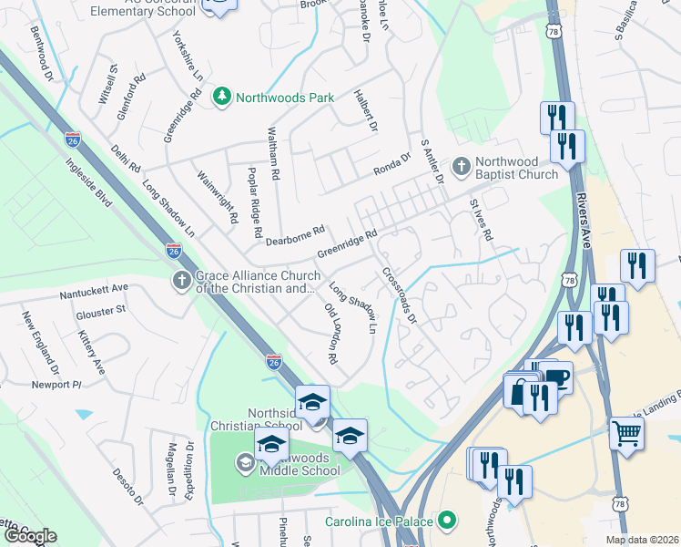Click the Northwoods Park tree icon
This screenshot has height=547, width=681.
point(221,97)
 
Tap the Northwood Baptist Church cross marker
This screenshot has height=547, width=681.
point(462,167)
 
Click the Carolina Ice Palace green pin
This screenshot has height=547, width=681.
point(446,522)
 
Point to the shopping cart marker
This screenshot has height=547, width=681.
point(625,433)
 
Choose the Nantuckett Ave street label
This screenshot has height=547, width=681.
point(95,294)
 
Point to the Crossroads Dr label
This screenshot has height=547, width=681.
point(400,295)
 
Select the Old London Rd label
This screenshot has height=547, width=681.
point(331,333)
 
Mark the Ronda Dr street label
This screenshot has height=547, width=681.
point(393,168)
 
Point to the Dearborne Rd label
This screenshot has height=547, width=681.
point(296,235)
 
